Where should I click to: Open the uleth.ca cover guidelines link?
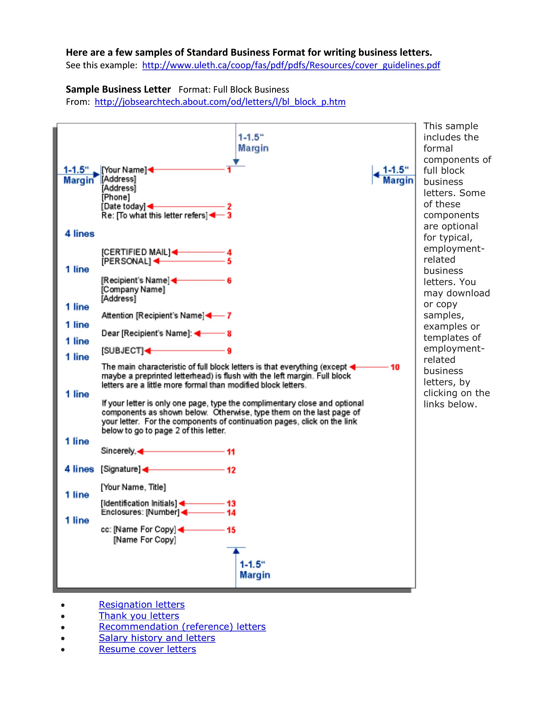(291, 65)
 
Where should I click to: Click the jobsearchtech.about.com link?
(220, 101)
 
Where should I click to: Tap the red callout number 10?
(395, 367)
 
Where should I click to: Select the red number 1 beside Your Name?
(229, 170)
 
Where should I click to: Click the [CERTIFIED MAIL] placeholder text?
(136, 252)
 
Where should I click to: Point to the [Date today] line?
(124, 206)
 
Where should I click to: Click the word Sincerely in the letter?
(118, 450)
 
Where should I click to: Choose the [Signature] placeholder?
(121, 469)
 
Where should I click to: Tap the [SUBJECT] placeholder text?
(123, 351)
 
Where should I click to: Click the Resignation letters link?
(142, 604)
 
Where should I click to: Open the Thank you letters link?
(139, 616)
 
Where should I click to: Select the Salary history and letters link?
(157, 638)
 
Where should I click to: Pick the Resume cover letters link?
(147, 649)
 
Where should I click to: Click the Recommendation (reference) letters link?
(182, 627)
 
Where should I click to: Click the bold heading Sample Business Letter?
(118, 89)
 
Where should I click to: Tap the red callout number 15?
(231, 530)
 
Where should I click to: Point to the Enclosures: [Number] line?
(140, 512)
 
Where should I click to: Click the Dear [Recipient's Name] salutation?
(146, 333)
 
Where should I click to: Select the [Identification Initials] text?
(139, 503)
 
